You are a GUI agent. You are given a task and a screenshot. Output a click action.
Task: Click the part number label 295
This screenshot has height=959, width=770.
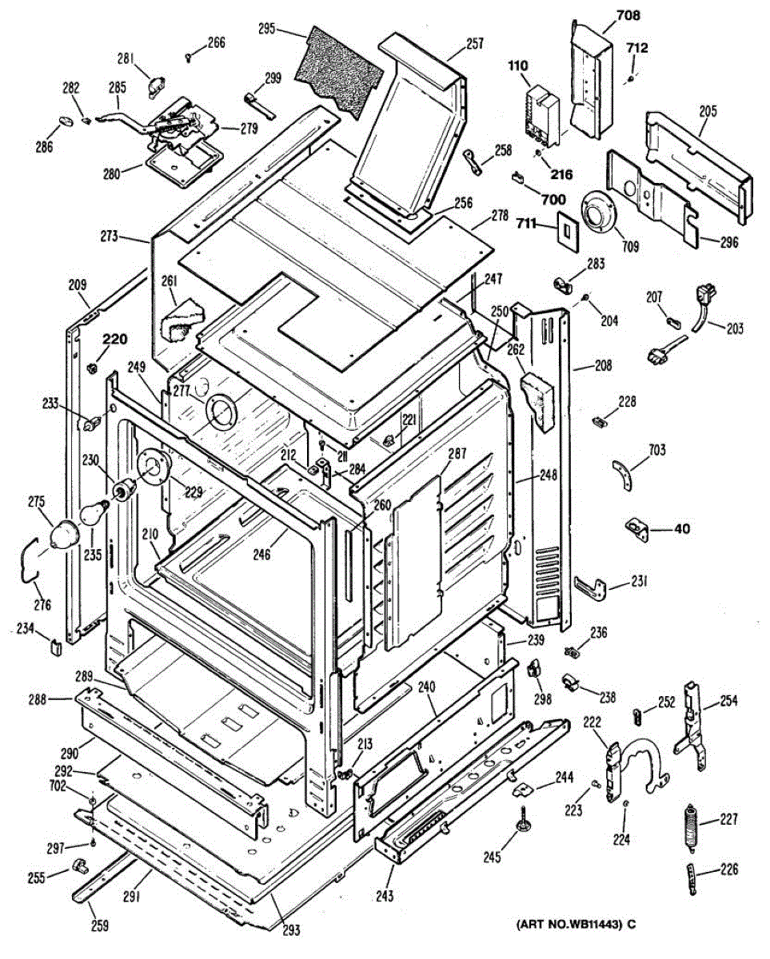point(266,29)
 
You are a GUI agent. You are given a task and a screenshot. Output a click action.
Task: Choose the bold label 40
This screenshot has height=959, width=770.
point(683,528)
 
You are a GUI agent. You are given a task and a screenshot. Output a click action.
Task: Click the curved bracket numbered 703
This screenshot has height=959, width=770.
point(624,475)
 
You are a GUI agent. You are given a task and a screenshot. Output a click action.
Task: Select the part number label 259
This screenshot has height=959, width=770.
point(100,926)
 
